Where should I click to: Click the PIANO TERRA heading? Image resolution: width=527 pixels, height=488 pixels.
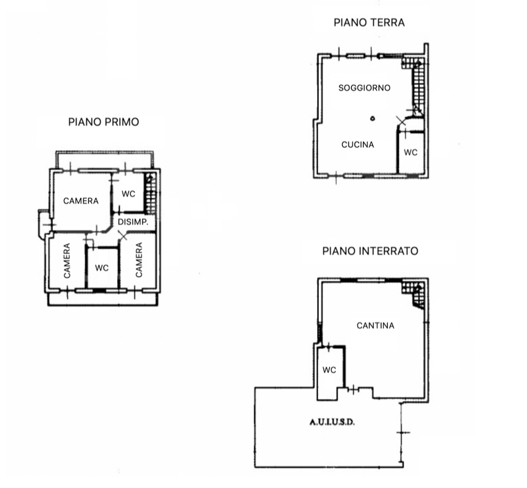(369, 22)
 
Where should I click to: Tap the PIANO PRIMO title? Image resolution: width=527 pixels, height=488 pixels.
(104, 122)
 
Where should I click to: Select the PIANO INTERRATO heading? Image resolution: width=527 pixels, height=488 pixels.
(370, 251)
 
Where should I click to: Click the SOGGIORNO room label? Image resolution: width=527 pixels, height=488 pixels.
(364, 88)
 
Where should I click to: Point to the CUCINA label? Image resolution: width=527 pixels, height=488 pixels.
(358, 144)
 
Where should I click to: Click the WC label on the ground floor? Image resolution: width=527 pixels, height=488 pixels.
(411, 152)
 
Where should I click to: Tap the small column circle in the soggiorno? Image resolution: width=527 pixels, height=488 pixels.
(373, 119)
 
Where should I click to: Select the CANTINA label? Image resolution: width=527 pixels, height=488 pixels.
(375, 325)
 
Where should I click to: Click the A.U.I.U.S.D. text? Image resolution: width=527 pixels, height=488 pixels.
(332, 422)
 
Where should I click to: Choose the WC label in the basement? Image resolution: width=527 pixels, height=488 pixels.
(330, 370)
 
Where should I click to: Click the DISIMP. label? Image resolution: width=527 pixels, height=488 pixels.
(133, 222)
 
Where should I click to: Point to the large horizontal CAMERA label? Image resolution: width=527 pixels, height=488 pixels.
(81, 201)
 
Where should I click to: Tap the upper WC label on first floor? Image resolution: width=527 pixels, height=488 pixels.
(128, 194)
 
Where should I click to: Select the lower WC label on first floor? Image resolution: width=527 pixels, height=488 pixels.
(102, 267)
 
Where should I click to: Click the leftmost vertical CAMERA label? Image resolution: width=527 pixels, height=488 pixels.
(67, 261)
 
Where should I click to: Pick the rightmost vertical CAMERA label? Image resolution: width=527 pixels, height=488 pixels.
(139, 259)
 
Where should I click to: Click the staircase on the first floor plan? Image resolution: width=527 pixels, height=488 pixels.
(150, 194)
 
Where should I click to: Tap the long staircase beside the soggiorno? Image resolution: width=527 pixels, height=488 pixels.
(418, 88)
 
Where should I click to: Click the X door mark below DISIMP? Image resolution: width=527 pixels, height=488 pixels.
(123, 235)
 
